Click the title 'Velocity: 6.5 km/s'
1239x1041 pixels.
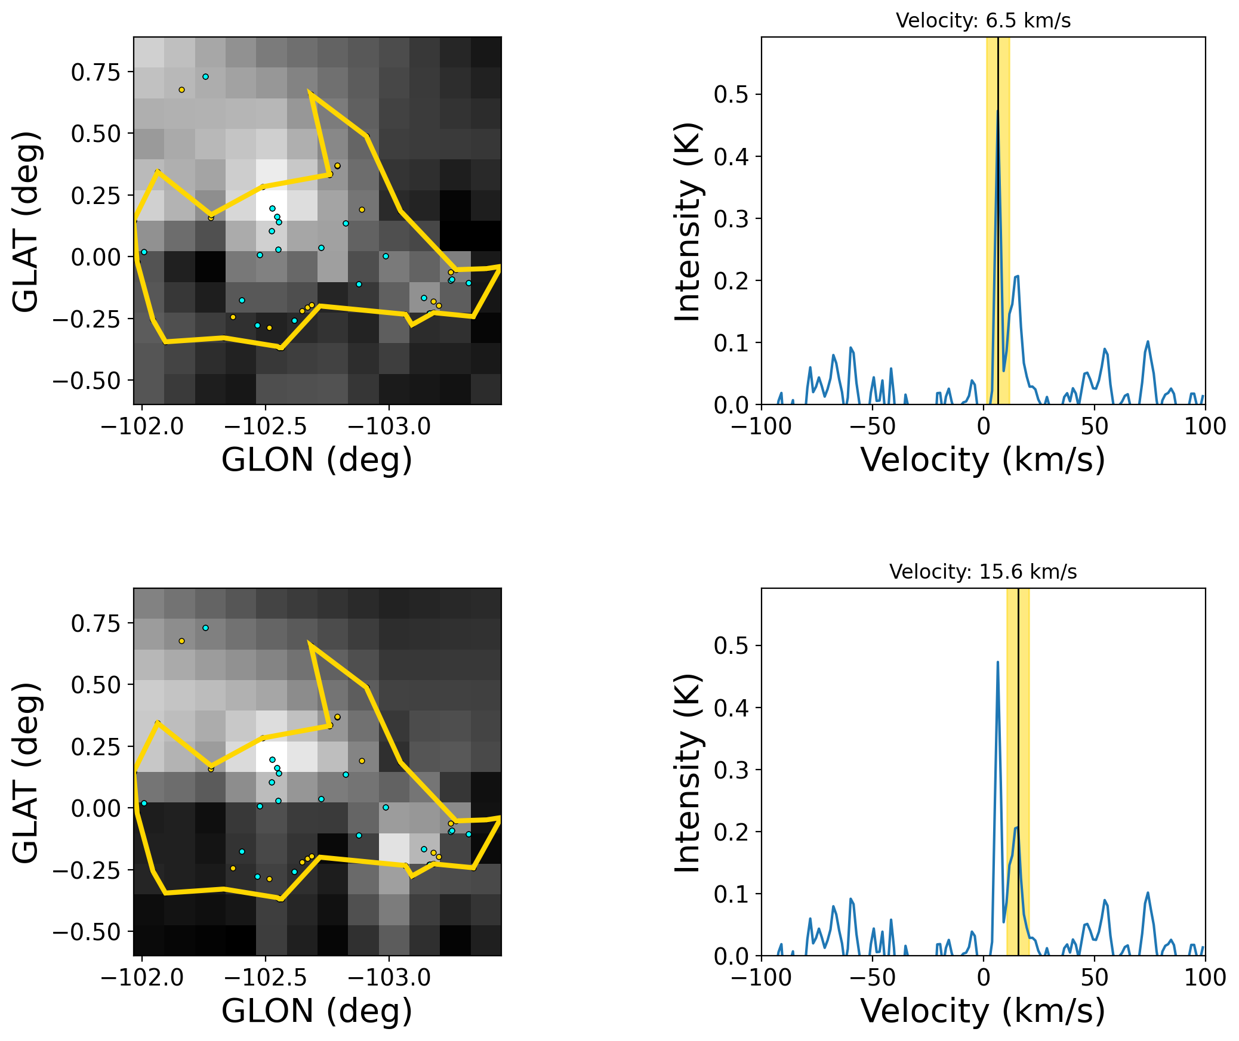tap(983, 21)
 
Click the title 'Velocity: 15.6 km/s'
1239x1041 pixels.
tap(983, 572)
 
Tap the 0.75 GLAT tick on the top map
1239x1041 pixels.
tap(95, 73)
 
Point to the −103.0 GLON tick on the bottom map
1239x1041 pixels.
tap(389, 978)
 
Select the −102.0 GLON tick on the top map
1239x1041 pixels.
tap(142, 427)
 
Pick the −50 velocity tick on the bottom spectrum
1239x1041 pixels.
tap(873, 978)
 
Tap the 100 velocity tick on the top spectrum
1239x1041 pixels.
tap(1205, 427)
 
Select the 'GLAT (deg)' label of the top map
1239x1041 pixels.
tap(26, 221)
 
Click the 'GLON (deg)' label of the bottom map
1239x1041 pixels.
tap(317, 1012)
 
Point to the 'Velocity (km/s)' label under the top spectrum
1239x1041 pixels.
tap(983, 461)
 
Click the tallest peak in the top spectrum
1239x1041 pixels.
tap(997, 110)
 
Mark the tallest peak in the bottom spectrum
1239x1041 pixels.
tap(997, 662)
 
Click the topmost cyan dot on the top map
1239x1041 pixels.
tap(205, 77)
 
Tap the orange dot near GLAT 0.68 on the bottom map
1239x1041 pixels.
tap(181, 641)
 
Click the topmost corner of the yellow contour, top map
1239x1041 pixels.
tap(310, 92)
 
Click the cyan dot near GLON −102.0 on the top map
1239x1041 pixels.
tap(144, 252)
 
